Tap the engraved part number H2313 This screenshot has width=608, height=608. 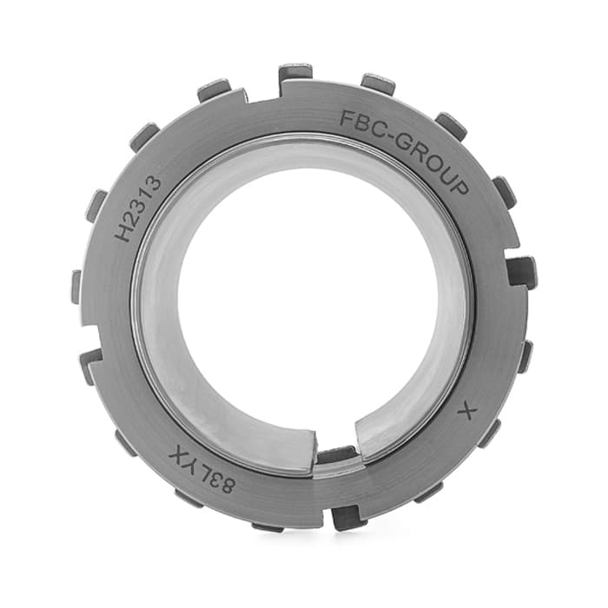(138, 208)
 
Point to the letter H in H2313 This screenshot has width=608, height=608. (126, 233)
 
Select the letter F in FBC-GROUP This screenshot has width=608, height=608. (347, 118)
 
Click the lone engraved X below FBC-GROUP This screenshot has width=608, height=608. (466, 411)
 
